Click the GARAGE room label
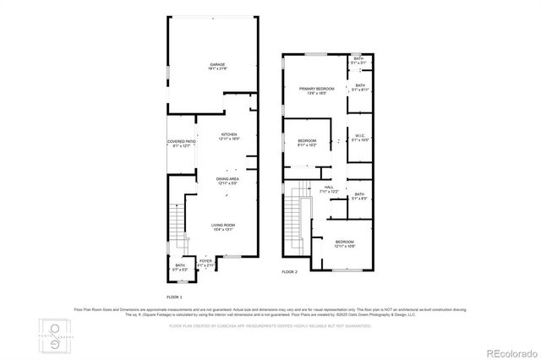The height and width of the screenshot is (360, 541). pyautogui.click(x=217, y=66)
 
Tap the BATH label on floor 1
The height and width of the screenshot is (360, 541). pyautogui.click(x=180, y=267)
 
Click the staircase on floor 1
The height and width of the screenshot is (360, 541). pyautogui.click(x=176, y=221)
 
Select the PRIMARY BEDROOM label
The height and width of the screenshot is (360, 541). pyautogui.click(x=316, y=90)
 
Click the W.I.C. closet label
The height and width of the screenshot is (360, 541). pyautogui.click(x=359, y=137)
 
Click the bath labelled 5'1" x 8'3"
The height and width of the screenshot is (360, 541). pyautogui.click(x=359, y=197)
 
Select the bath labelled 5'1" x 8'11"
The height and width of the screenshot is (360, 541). pyautogui.click(x=359, y=88)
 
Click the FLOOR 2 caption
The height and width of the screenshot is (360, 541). pyautogui.click(x=290, y=272)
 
